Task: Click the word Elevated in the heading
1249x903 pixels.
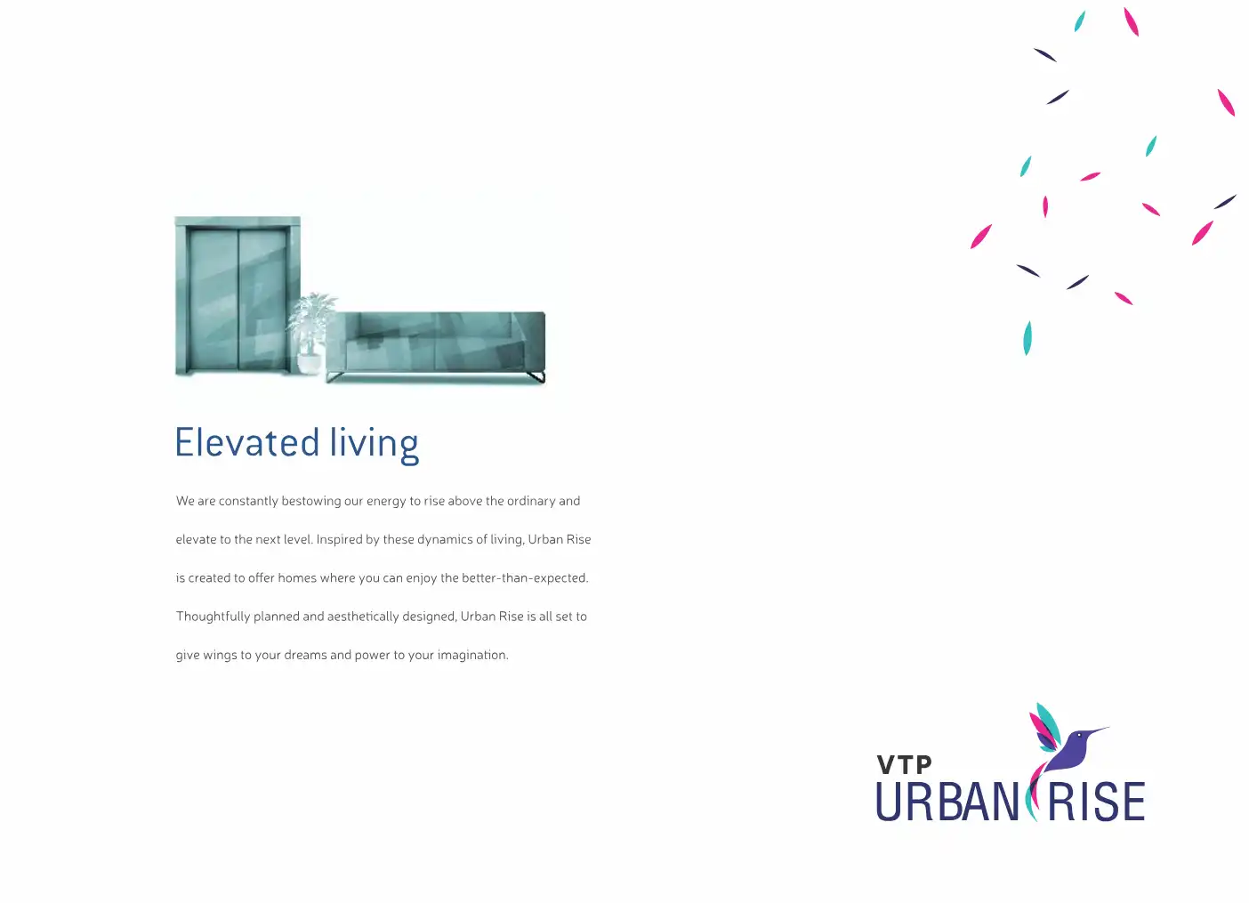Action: (246, 443)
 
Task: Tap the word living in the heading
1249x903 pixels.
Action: (374, 444)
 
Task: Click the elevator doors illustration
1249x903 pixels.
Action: (238, 296)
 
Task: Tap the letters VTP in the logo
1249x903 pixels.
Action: (904, 765)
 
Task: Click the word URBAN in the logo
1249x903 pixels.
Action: (947, 802)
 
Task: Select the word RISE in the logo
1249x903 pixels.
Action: (1096, 802)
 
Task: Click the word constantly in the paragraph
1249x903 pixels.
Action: (248, 501)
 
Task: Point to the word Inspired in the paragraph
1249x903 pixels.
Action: (339, 539)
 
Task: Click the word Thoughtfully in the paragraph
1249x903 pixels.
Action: (213, 617)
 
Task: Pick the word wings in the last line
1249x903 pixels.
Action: (220, 656)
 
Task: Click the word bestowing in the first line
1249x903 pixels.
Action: (310, 501)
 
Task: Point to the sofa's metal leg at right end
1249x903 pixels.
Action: (536, 377)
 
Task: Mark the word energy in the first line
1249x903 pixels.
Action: (386, 502)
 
